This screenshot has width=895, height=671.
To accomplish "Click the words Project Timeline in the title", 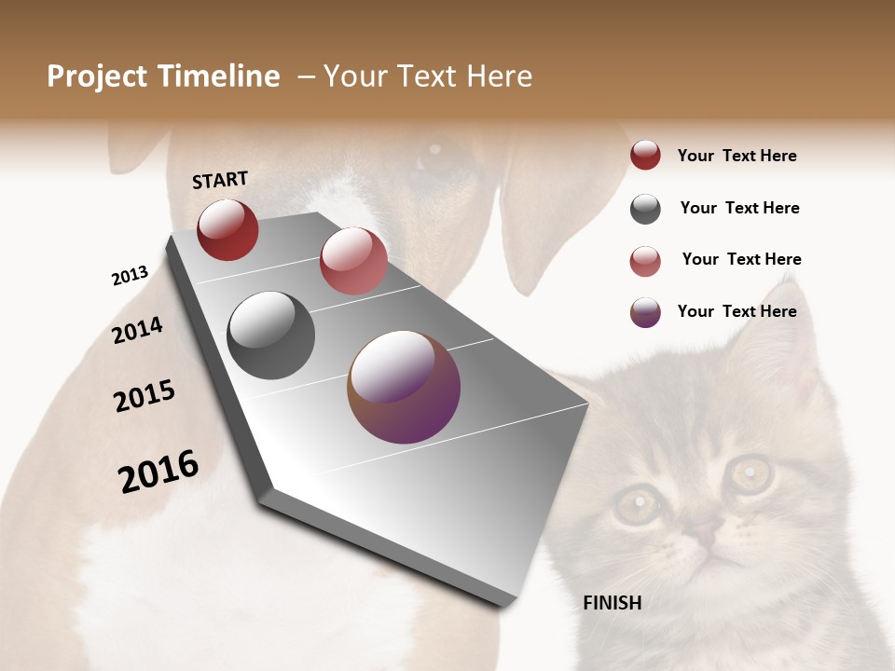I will pyautogui.click(x=163, y=76).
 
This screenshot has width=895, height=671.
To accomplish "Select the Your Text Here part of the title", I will pyautogui.click(x=428, y=76).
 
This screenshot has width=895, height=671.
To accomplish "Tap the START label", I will pyautogui.click(x=220, y=180).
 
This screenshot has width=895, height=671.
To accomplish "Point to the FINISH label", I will pyautogui.click(x=613, y=603).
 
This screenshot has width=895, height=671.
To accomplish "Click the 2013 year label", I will pyautogui.click(x=130, y=276).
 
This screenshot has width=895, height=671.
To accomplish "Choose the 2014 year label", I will pyautogui.click(x=137, y=330).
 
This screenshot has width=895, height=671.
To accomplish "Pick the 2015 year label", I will pyautogui.click(x=145, y=396).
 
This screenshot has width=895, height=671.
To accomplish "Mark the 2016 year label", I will pyautogui.click(x=158, y=472).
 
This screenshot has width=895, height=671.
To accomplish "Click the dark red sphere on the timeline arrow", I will pyautogui.click(x=227, y=230).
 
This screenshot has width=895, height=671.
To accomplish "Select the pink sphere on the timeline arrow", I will pyautogui.click(x=353, y=261).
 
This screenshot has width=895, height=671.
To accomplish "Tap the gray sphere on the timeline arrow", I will pyautogui.click(x=271, y=335).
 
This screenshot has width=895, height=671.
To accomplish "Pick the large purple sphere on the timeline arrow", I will pyautogui.click(x=404, y=387).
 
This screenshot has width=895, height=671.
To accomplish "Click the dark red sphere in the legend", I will pyautogui.click(x=645, y=156).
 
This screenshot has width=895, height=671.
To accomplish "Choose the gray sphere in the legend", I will pyautogui.click(x=645, y=209).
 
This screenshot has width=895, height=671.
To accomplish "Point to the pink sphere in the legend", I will pyautogui.click(x=645, y=261).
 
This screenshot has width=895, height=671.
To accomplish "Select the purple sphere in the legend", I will pyautogui.click(x=645, y=312).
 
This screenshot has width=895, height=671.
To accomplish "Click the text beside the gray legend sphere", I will pyautogui.click(x=739, y=208).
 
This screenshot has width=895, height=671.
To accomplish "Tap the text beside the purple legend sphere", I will pyautogui.click(x=737, y=311).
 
